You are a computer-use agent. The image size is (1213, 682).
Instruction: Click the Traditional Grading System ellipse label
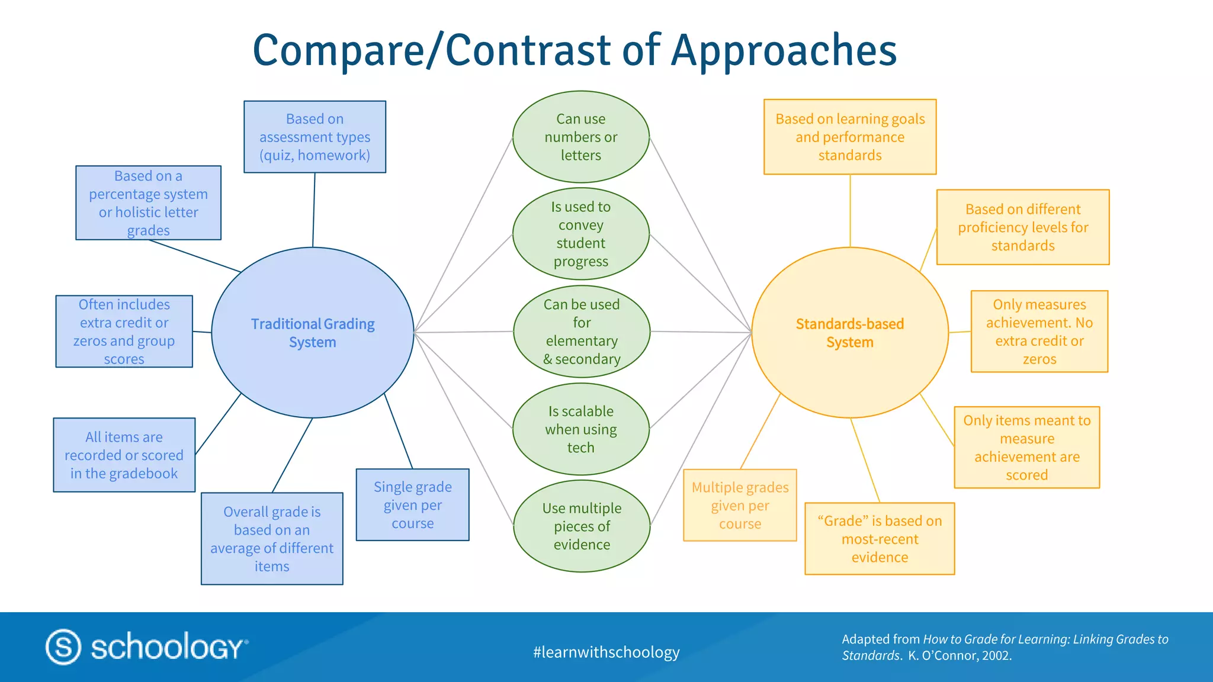[x=313, y=333]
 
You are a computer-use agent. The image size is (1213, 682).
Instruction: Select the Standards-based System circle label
[x=849, y=333]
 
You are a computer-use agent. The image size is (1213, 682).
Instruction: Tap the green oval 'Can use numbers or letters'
[x=580, y=137]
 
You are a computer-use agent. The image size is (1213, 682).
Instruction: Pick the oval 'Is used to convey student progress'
[x=580, y=234]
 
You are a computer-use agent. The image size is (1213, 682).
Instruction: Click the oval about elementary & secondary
[x=582, y=332]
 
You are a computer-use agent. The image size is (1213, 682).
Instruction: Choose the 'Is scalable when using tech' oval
[x=580, y=429]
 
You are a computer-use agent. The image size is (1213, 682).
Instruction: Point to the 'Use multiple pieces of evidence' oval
[x=582, y=526]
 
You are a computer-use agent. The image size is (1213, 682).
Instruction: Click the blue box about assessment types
[x=315, y=137]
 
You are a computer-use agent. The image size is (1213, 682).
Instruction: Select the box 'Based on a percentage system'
[x=148, y=202]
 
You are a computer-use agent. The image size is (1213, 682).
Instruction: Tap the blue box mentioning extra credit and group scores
[x=124, y=332]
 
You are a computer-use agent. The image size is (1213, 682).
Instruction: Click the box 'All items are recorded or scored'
[x=124, y=455]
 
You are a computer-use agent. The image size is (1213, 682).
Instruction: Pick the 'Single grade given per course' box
[x=412, y=505]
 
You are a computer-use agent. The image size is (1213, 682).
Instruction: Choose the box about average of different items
[x=272, y=539]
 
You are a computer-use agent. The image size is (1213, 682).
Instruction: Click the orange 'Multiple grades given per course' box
[x=740, y=506]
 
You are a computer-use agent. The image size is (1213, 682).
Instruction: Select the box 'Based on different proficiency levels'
[x=1023, y=227]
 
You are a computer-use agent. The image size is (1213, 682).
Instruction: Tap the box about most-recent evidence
[x=880, y=539]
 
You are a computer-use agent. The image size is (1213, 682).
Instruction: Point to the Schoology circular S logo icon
[x=63, y=646]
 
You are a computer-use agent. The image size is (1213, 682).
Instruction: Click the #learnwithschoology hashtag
[x=606, y=652]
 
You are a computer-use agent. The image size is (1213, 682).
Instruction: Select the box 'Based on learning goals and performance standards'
[x=850, y=137]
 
